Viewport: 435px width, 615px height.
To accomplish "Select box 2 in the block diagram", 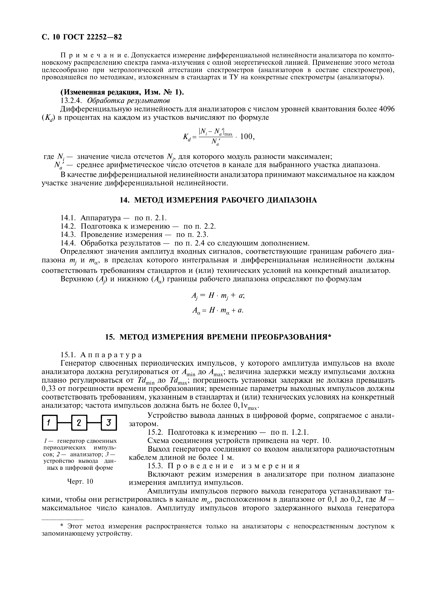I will [x=79, y=423].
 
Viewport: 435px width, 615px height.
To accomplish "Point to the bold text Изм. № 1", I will [x=162, y=92].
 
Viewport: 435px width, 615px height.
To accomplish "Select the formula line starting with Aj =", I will [x=217, y=295].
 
